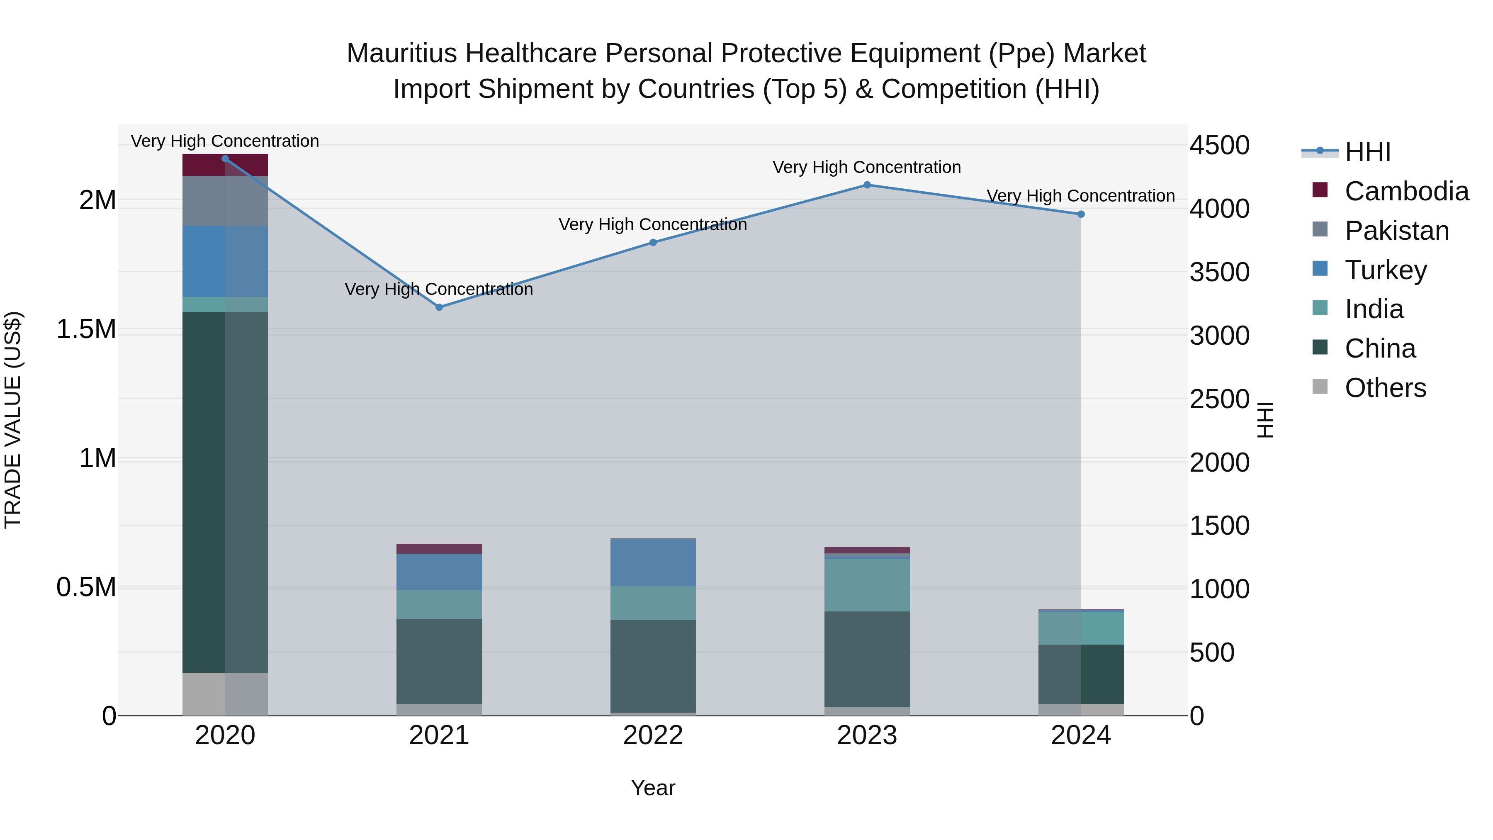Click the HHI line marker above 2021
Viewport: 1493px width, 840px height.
tap(439, 307)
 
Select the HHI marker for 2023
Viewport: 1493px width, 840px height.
tap(867, 185)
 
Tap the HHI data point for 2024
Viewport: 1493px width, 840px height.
tap(1081, 214)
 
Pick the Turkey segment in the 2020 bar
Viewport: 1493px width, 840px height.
tap(225, 261)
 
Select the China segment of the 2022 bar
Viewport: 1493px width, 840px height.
tap(653, 666)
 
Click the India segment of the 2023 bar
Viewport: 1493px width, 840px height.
tap(867, 585)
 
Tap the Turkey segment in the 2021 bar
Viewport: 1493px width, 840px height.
tap(439, 572)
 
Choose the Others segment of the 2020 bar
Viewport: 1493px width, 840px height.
tap(225, 694)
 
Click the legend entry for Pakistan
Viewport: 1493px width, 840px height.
tap(1397, 231)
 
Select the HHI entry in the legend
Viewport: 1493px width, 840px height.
tap(1368, 152)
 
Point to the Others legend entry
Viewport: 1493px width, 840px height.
tap(1385, 388)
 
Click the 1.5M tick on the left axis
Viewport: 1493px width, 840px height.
tap(86, 329)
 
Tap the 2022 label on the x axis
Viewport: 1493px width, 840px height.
tap(653, 735)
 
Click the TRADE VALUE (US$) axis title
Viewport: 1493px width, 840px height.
tap(13, 420)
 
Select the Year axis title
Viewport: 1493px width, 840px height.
tap(653, 788)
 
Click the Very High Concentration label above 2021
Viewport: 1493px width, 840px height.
tap(439, 289)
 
